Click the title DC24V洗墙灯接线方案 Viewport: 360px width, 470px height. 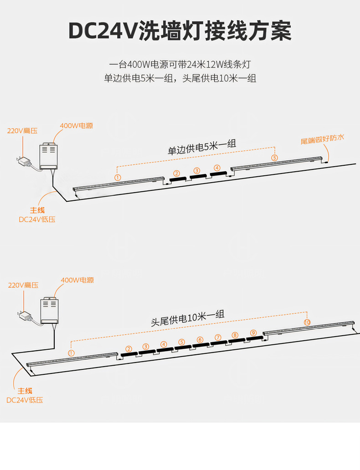180,31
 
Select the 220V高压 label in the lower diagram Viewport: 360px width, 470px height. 23,285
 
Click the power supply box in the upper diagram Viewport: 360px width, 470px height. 48,156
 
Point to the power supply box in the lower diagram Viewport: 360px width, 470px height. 49,311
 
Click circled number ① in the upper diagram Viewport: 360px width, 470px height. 118,177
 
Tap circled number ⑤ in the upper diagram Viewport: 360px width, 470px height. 274,157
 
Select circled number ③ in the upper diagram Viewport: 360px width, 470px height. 197,171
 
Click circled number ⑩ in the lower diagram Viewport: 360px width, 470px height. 307,322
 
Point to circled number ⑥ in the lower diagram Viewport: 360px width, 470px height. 200,340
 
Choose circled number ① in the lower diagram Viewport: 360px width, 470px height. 71,353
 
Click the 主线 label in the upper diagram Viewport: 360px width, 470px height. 37,210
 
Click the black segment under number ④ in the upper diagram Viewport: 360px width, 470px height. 217,174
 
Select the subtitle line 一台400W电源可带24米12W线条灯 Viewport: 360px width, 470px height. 180,64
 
